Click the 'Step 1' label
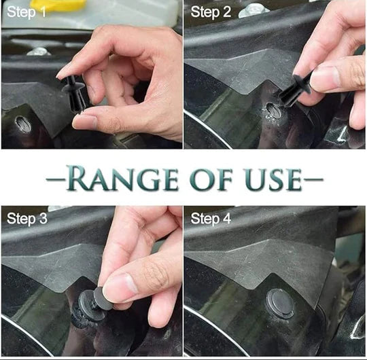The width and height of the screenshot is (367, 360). coord(27,12)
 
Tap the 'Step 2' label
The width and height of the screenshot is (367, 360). coord(211,12)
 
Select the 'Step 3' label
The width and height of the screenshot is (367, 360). coord(27,219)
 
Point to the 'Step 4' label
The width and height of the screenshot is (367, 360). coord(211,219)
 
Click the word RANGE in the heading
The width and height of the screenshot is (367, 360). coord(122,178)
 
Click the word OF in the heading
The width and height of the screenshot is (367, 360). coord(211,179)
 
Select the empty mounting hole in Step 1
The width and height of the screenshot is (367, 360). coord(23,123)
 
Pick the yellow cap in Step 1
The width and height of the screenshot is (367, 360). coord(58,5)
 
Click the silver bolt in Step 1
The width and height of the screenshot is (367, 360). coord(39,52)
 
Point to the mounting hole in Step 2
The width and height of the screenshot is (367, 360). coord(273,110)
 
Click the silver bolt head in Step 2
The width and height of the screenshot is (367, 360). coord(254,12)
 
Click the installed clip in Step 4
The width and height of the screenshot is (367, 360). coord(280,304)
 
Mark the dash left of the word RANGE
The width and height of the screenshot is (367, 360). coord(56,179)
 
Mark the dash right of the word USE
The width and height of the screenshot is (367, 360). coord(313,179)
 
